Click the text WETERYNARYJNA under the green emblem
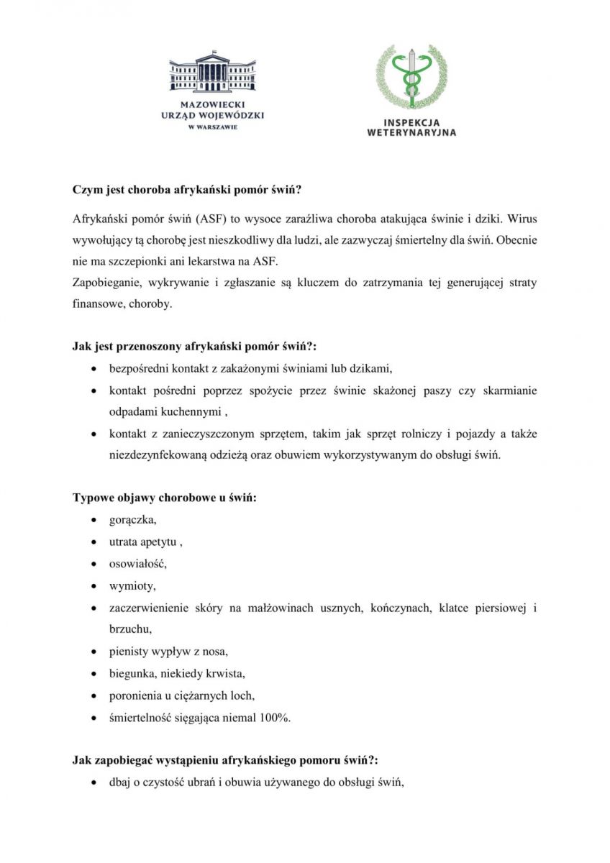coord(411,132)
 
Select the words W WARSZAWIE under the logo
coord(212,127)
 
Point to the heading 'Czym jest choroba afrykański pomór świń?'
coord(186,191)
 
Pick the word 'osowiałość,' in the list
coord(138,563)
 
